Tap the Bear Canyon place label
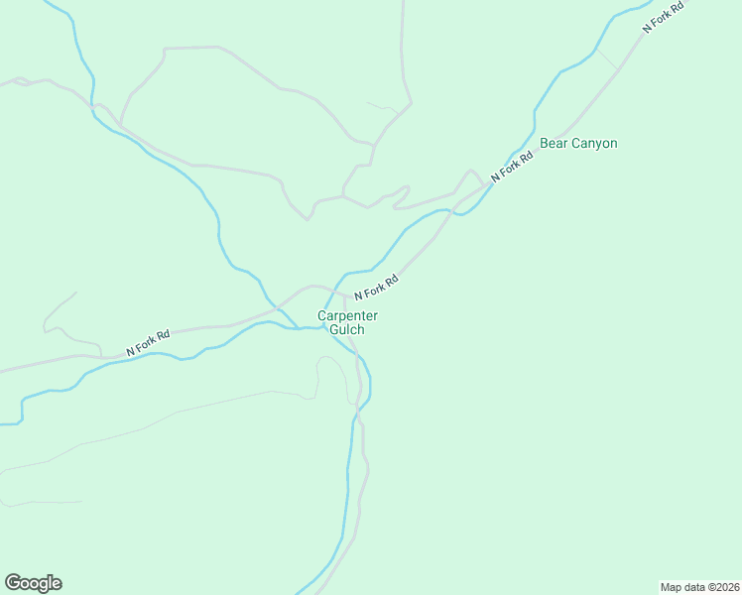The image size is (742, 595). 578,144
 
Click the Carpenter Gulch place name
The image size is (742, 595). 347,322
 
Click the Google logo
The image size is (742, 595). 33,583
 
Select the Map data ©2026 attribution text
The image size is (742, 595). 699,586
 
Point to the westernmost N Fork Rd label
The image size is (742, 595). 148,343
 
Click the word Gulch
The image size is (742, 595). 347,329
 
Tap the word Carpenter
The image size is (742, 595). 347,315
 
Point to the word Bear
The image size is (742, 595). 553,144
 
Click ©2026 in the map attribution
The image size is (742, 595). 721,586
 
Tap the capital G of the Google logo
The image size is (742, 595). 13,582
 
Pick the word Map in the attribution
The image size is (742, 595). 672,586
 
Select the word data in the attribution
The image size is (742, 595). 692,586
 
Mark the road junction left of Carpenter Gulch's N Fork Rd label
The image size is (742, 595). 344,294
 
